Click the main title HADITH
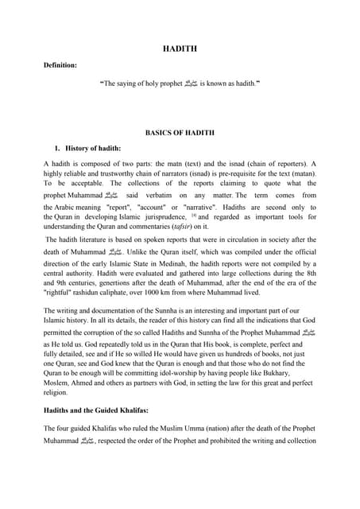click(x=180, y=49)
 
